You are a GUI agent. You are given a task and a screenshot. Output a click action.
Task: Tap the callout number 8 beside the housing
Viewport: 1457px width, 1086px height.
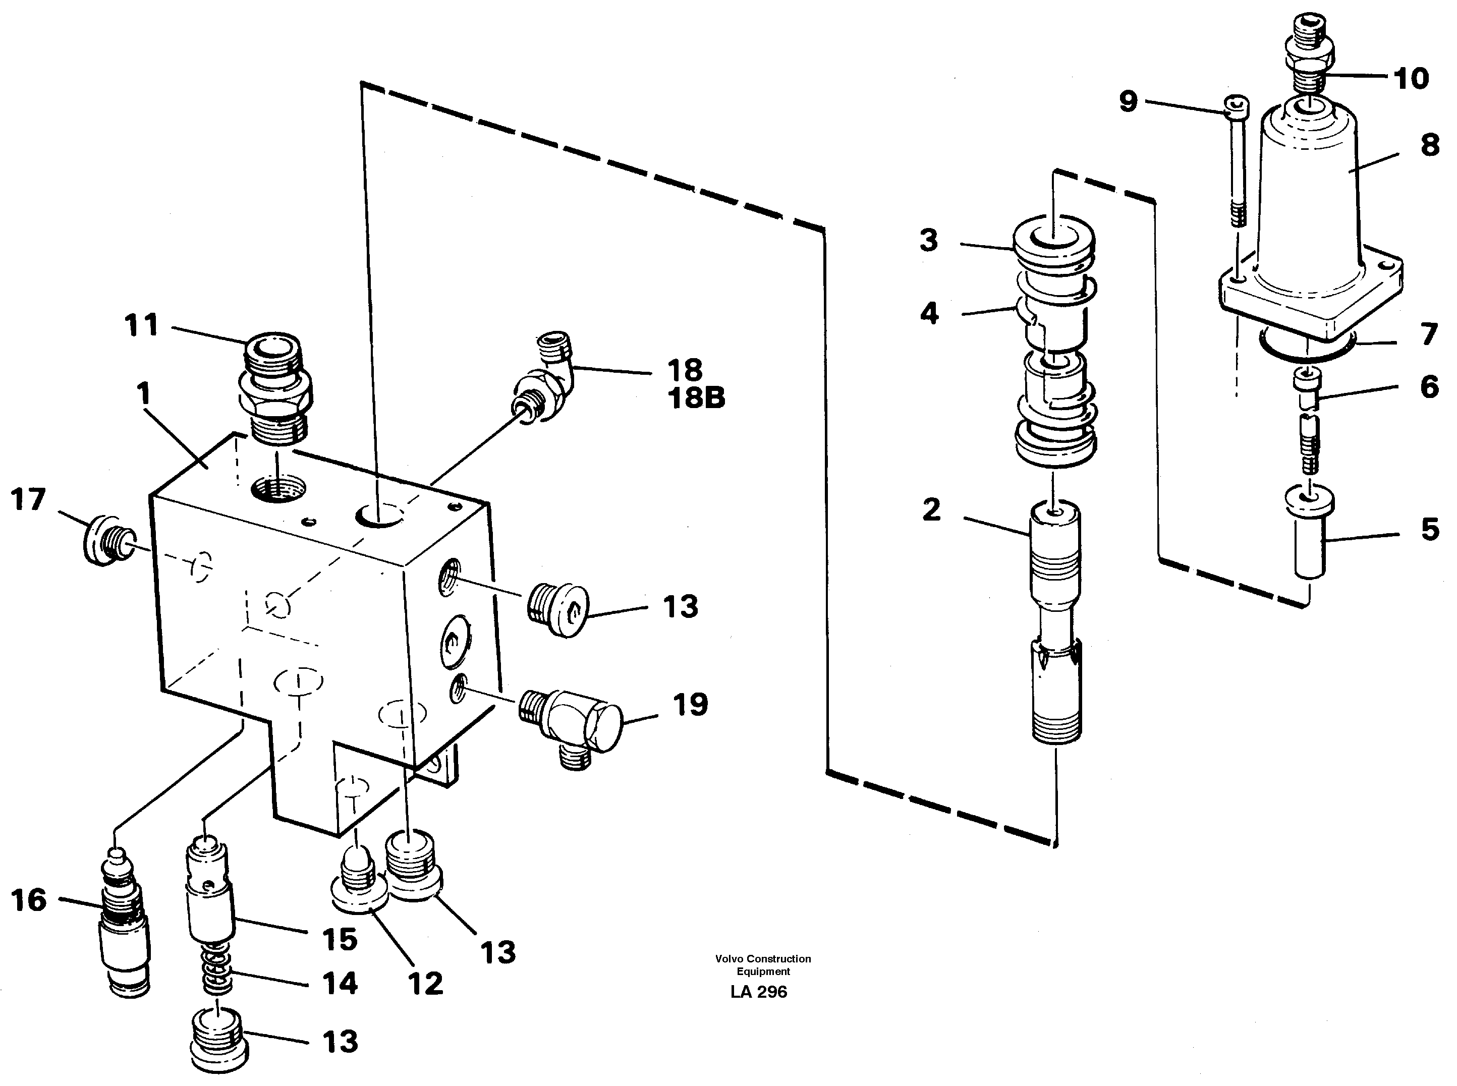pyautogui.click(x=1429, y=145)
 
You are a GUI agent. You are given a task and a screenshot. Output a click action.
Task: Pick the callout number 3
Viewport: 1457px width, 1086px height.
pyautogui.click(x=928, y=241)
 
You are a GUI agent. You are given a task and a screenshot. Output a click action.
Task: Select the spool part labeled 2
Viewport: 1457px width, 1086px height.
pyautogui.click(x=1054, y=624)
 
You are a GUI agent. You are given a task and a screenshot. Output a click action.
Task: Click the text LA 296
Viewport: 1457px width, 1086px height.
pyautogui.click(x=758, y=992)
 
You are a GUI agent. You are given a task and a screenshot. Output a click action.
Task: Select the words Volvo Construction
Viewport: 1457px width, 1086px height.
pyautogui.click(x=763, y=958)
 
